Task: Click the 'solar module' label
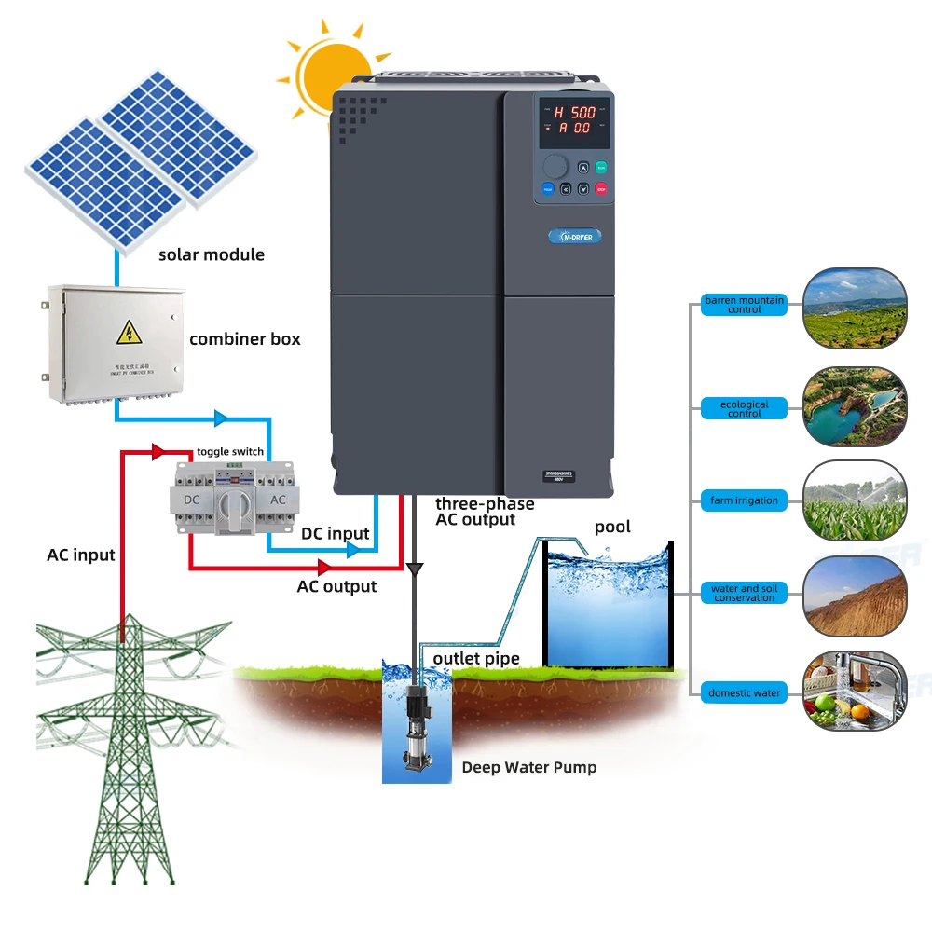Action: coord(212,254)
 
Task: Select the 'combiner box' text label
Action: coord(245,338)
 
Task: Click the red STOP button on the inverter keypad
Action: coord(601,188)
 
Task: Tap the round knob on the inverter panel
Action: coord(555,166)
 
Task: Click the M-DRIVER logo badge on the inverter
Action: coord(575,236)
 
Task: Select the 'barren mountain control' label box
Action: coord(745,305)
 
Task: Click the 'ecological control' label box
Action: coord(745,408)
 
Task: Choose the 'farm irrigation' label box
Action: coord(745,500)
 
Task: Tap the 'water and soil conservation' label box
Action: coord(745,593)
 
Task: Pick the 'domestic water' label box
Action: coord(745,692)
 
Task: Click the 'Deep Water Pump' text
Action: coord(529,768)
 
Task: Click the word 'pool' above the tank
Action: coord(612,527)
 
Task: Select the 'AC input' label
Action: coord(81,555)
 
